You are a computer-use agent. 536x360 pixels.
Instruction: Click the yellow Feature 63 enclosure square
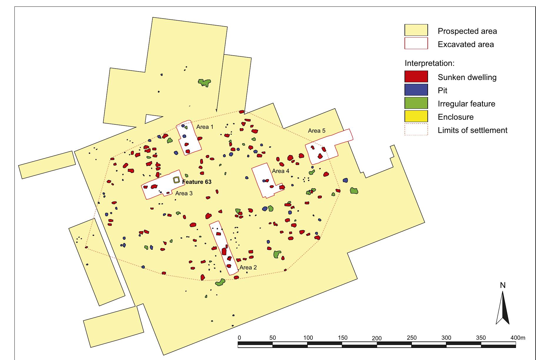click(176, 180)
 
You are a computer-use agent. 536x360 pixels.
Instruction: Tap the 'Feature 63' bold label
click(197, 182)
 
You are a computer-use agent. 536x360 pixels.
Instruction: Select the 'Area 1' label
click(205, 127)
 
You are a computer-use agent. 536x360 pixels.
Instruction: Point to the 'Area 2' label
click(248, 267)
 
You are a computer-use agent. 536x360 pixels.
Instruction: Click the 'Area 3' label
click(184, 193)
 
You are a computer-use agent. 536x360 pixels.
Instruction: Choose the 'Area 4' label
click(281, 171)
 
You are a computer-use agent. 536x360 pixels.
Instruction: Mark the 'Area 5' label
click(317, 131)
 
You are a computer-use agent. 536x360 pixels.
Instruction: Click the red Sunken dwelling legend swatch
click(416, 77)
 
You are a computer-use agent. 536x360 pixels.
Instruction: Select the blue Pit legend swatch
click(416, 90)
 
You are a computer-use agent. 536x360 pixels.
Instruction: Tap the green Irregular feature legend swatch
click(416, 104)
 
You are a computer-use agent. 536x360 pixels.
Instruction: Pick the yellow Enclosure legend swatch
click(416, 117)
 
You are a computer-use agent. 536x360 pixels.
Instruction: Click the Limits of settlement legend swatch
click(416, 130)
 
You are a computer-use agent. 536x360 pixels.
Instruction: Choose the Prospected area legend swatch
click(416, 31)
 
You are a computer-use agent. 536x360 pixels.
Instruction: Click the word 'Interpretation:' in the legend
click(429, 63)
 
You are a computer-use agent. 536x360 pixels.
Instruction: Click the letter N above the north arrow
click(502, 285)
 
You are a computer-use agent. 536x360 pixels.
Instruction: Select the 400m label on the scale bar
click(518, 338)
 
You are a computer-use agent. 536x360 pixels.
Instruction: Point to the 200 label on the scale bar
click(377, 338)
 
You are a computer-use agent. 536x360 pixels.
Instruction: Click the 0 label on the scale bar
click(239, 338)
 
